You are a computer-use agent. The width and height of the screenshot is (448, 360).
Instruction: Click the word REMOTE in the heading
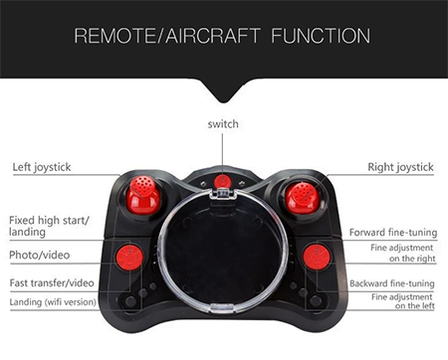point(114,36)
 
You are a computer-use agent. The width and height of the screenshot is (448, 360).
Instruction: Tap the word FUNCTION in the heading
point(321,36)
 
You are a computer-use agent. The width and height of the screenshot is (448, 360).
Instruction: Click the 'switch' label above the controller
point(223,124)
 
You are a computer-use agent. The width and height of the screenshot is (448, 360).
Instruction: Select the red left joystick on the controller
point(143,195)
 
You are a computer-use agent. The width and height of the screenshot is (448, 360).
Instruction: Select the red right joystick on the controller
point(303,197)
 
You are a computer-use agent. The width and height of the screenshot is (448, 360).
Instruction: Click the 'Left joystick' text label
point(42,167)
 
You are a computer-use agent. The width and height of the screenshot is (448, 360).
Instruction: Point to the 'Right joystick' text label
point(400,167)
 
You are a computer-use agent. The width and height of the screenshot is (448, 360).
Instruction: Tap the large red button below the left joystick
point(129,257)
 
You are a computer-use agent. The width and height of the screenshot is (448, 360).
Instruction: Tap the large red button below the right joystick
point(317,257)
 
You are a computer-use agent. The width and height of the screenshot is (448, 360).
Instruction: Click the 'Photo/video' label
point(40,255)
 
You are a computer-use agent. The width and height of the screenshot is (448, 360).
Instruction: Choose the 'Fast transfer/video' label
point(52,283)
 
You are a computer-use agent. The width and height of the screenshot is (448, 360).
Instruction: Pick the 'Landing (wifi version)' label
point(53,302)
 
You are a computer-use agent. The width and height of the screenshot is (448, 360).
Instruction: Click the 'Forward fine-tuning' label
point(393,233)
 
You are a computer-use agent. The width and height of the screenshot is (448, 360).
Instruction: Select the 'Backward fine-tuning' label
point(392,283)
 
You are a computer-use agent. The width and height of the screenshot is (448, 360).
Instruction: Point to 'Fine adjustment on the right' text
point(402,253)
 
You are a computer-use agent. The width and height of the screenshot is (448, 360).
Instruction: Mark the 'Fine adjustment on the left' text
point(402,301)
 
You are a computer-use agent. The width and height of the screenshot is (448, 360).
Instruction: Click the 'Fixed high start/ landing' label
point(49,226)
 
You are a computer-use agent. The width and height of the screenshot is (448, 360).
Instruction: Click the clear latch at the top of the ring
point(223,193)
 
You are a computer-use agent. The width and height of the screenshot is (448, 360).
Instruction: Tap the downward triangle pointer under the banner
point(223,90)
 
